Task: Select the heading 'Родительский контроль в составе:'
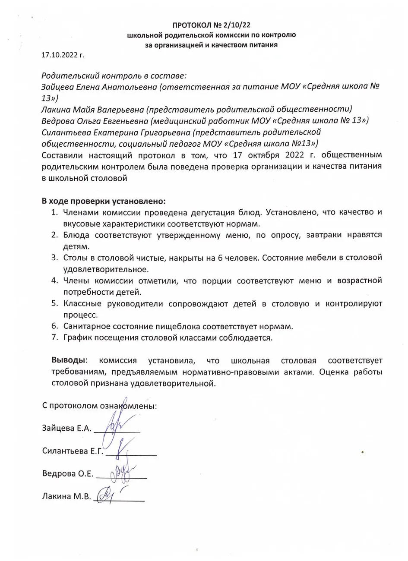click(x=114, y=76)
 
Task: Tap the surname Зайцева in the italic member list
click(x=59, y=87)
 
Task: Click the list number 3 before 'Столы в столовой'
click(x=54, y=258)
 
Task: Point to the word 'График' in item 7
click(x=77, y=337)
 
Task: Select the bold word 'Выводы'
click(x=69, y=360)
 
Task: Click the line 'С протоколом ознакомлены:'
click(x=99, y=406)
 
